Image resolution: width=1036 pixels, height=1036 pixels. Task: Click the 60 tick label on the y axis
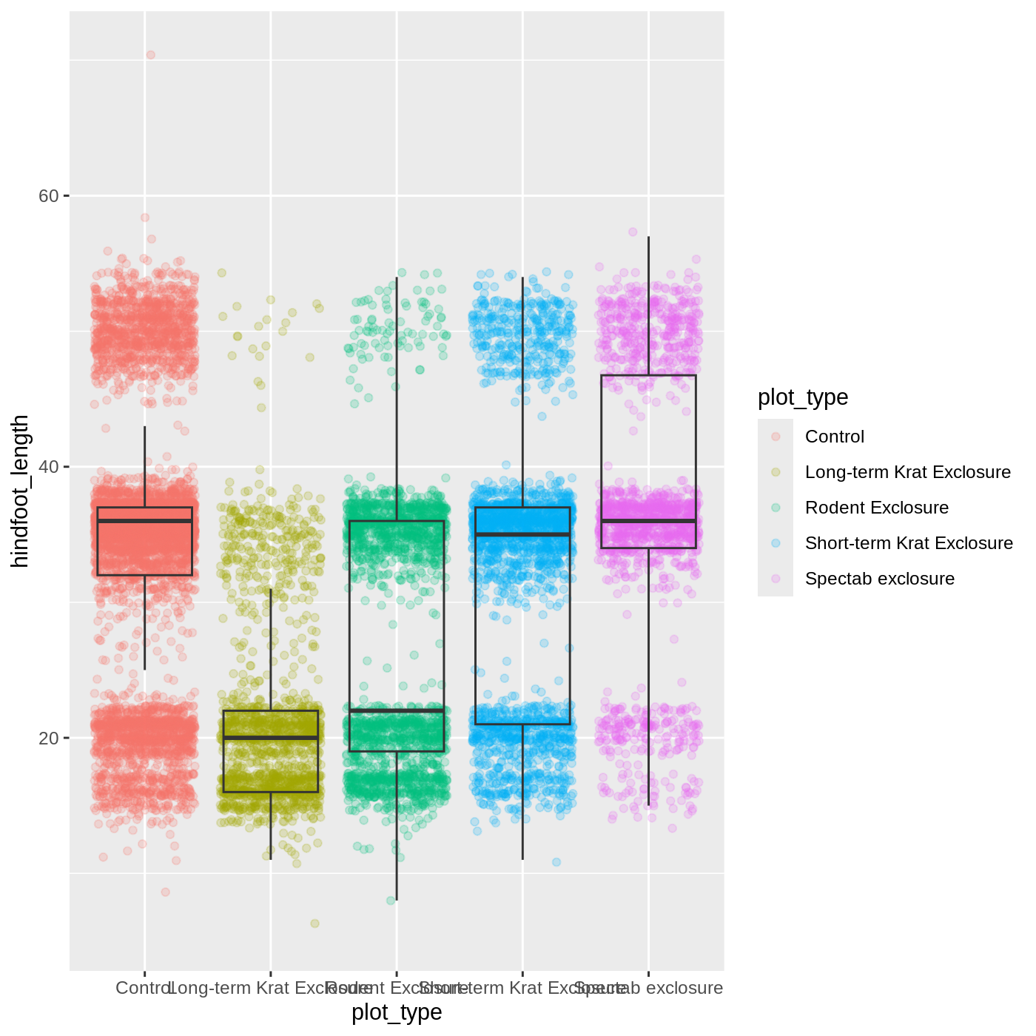[x=48, y=196]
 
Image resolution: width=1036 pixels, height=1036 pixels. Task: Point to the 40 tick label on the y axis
[x=48, y=467]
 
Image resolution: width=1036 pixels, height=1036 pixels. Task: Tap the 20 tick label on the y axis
[x=48, y=739]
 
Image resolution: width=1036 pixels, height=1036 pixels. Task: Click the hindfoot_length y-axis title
[x=20, y=491]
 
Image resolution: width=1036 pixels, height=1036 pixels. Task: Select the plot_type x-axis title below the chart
[x=397, y=1012]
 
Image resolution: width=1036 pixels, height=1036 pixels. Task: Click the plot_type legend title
[x=803, y=397]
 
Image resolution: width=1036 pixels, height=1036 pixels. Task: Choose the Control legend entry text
[x=834, y=437]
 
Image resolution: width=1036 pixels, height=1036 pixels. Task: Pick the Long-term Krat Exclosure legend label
[x=907, y=472]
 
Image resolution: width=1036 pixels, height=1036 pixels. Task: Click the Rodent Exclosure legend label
[x=876, y=508]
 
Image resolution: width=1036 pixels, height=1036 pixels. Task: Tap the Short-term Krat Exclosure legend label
[x=909, y=543]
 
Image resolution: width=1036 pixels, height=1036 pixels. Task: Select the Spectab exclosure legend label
[x=879, y=579]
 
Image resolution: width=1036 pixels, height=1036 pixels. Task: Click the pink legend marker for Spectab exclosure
[x=776, y=579]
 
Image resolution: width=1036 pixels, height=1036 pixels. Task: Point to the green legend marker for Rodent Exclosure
[x=776, y=508]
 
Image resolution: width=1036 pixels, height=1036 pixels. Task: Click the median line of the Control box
[x=145, y=521]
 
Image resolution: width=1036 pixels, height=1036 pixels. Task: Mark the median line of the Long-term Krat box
[x=271, y=738]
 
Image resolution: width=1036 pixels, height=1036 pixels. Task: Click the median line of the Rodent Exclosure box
[x=397, y=710]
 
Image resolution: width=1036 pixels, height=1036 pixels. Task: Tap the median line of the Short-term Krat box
[x=522, y=534]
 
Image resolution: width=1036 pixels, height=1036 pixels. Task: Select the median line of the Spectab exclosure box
[x=648, y=521]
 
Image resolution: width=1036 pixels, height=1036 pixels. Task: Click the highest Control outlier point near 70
[x=150, y=55]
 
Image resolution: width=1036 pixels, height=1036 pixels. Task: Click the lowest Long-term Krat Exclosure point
[x=314, y=924]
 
